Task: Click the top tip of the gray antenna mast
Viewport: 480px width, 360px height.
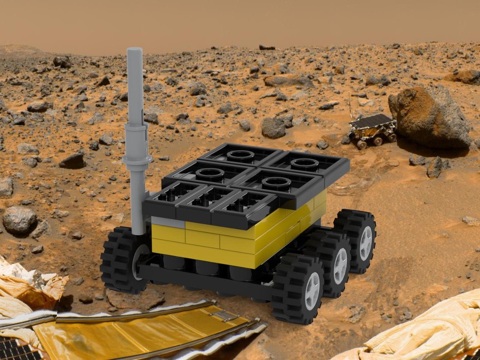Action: click(134, 49)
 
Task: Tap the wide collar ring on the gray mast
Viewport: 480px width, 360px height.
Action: click(137, 159)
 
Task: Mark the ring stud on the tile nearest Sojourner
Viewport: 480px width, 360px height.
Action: click(304, 164)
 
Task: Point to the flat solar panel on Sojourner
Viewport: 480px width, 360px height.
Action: click(372, 120)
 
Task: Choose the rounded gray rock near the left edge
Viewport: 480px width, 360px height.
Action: click(19, 220)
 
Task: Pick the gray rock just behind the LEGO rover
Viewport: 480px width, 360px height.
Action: click(274, 128)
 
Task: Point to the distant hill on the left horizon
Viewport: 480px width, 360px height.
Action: click(19, 48)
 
